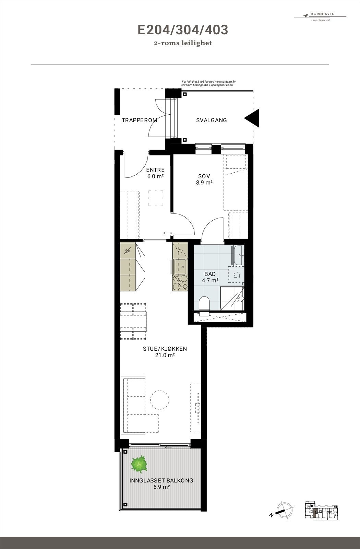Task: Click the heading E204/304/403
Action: coord(183,30)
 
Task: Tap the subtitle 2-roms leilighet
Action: coord(183,43)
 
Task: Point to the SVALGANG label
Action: coord(212,120)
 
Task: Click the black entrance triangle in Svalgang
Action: coord(253,118)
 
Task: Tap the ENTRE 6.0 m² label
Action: coord(155,173)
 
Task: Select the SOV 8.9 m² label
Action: coord(204,179)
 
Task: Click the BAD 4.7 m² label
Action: coord(210,277)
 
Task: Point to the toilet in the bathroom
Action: coord(204,304)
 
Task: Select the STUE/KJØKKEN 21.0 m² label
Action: coord(165,352)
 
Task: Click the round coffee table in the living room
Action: coord(159,399)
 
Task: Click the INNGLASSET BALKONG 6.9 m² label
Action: coord(161,483)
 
